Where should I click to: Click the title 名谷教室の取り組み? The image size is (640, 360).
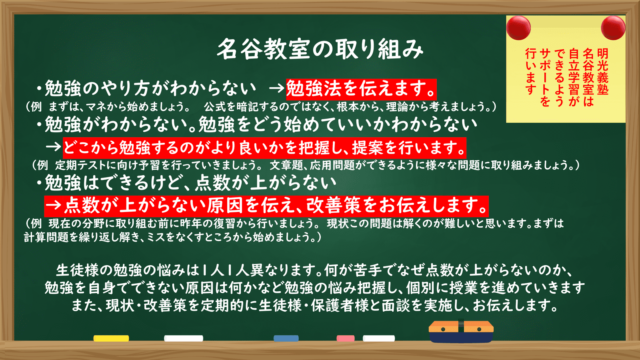320,49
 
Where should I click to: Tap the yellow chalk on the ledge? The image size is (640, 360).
111,338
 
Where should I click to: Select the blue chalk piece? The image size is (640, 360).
286,338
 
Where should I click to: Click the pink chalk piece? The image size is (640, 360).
346,338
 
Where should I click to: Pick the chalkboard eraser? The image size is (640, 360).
461,332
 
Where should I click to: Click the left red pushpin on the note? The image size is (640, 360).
518,28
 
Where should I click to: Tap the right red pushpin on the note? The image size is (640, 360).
613,28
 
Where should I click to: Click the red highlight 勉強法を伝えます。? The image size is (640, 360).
361,90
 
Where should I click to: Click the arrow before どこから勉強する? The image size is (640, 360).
54,147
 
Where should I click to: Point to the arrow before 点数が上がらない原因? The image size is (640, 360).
54,206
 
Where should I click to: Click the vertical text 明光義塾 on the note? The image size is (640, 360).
602,72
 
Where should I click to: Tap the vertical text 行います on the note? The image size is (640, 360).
530,72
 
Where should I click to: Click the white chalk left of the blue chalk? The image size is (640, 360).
184,338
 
